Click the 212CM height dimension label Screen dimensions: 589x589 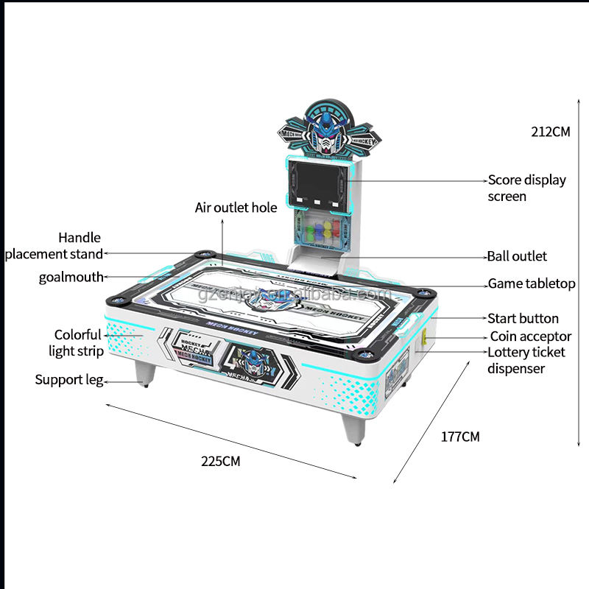(x=551, y=133)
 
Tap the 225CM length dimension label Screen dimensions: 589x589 (x=221, y=462)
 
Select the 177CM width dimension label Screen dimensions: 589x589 (x=460, y=437)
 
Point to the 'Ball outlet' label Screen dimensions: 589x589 (x=517, y=257)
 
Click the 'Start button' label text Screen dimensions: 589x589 (x=523, y=319)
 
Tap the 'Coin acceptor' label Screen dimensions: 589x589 (x=529, y=336)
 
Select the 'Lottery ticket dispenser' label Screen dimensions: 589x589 (x=526, y=360)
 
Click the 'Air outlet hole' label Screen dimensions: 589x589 (x=236, y=208)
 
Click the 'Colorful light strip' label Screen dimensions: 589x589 (x=77, y=343)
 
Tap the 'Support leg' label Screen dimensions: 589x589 (x=68, y=381)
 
